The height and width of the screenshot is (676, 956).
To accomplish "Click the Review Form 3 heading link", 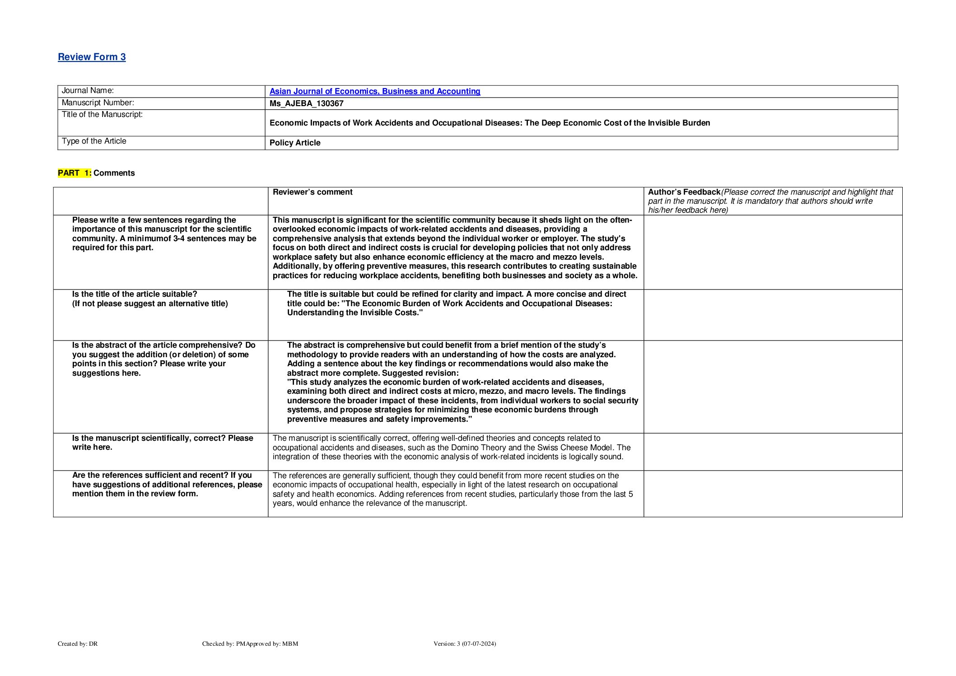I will pos(92,57).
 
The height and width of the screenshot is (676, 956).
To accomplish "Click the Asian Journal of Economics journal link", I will pos(374,91).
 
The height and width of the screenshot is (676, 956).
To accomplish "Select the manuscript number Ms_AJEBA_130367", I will pos(306,103).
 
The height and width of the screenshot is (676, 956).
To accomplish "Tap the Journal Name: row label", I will pos(88,91).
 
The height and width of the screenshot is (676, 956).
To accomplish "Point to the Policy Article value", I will pos(295,143).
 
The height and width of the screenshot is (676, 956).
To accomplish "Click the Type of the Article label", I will pos(94,141).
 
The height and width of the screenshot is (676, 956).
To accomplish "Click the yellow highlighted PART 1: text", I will pos(75,173).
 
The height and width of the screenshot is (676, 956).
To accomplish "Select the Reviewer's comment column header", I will pos(312,192).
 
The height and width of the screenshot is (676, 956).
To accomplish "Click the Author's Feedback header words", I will pos(684,192).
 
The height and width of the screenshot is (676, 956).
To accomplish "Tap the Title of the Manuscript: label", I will pos(102,115).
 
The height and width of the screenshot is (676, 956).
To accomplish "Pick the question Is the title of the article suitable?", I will pos(135,294).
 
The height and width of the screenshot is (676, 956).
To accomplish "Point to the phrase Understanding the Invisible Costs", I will pos(354,312).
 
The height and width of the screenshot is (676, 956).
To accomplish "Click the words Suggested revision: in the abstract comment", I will pos(420,373).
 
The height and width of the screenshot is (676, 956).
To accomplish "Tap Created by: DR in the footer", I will pos(78,643).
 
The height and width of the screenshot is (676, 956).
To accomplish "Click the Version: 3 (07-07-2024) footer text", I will pos(465,643).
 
